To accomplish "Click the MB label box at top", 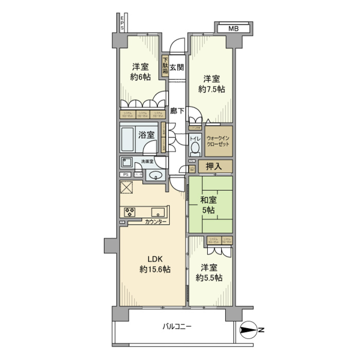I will [x=234, y=28].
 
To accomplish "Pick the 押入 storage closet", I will [x=215, y=166].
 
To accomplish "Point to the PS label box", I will [x=125, y=174].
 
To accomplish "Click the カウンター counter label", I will [x=156, y=222].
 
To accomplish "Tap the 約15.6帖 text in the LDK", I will [x=154, y=269].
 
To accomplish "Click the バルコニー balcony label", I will [x=177, y=326].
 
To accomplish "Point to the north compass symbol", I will [x=248, y=330].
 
